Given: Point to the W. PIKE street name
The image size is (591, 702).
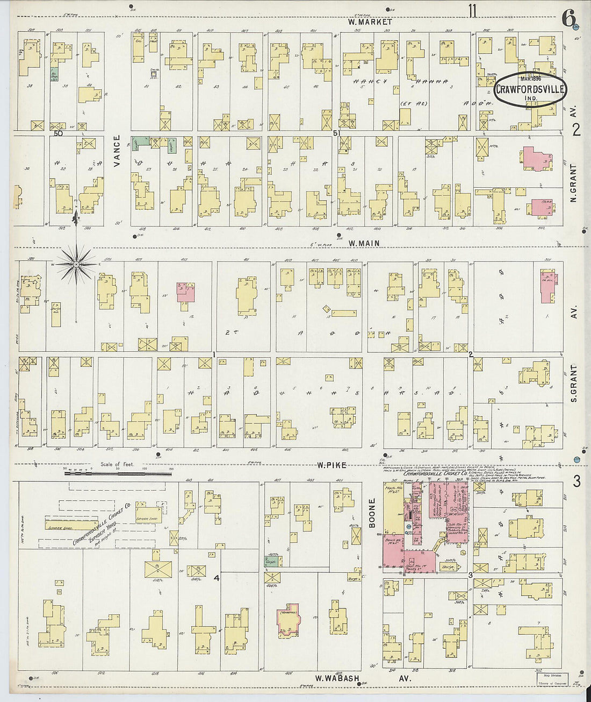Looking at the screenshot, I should pyautogui.click(x=331, y=465).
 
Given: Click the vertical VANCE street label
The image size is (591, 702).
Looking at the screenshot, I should pyautogui.click(x=117, y=150).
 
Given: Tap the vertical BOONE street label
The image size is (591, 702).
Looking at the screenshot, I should pyautogui.click(x=372, y=512).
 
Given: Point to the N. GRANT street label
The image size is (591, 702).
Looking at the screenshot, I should pyautogui.click(x=573, y=183).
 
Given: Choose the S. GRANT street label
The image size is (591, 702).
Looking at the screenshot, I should pyautogui.click(x=573, y=384).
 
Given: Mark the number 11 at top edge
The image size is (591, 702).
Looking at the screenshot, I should pyautogui.click(x=472, y=11).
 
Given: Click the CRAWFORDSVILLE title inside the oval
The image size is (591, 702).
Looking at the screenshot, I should pyautogui.click(x=529, y=90).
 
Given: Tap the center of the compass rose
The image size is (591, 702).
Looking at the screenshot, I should pyautogui.click(x=76, y=264).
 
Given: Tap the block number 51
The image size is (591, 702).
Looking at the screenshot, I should pyautogui.click(x=337, y=133).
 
